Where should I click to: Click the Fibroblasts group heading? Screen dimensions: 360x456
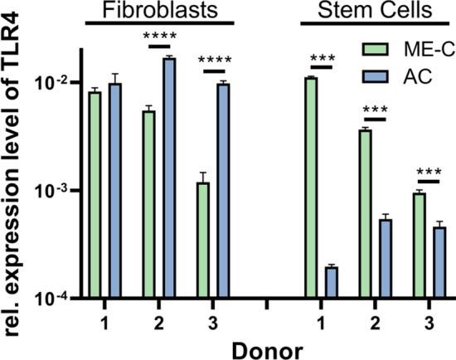tap(158, 12)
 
